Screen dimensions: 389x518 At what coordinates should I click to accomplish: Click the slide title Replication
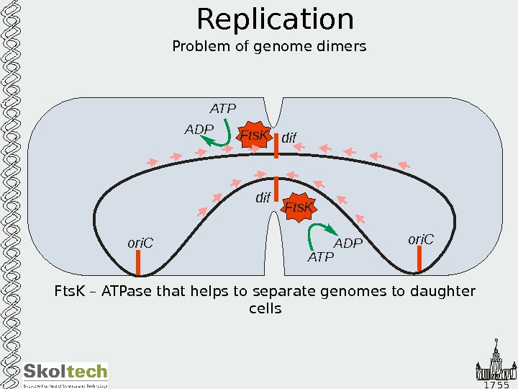tap(275, 20)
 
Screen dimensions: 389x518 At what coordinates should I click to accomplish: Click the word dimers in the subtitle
tap(345, 47)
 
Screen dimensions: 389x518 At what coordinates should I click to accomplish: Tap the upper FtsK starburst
tap(255, 135)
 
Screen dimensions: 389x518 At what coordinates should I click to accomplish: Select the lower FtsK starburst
tap(299, 207)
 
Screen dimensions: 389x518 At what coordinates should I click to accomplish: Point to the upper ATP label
tap(223, 109)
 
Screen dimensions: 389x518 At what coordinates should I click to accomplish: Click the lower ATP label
tap(321, 257)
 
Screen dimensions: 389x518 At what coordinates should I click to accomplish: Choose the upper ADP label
tap(199, 130)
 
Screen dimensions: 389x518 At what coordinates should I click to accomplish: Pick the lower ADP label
tap(348, 243)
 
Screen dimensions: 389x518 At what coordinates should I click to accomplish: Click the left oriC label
tap(141, 243)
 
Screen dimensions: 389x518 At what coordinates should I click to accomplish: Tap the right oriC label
tap(421, 238)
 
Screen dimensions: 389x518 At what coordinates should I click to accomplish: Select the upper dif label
tap(288, 137)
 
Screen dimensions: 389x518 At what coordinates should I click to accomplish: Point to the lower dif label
tap(263, 197)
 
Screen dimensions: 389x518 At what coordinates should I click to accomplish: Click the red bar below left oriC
tap(138, 263)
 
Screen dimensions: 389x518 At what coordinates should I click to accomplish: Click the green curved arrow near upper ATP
tap(219, 136)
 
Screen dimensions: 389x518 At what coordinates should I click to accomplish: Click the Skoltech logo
tap(65, 374)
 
